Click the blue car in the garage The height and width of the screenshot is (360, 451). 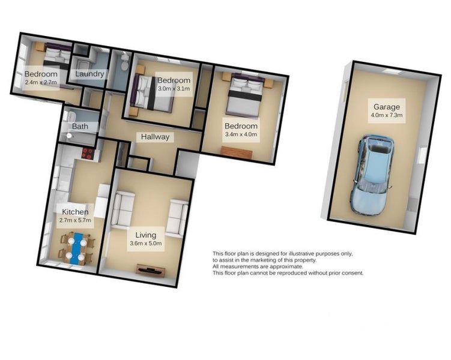[371, 175]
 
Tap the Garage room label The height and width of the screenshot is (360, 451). [387, 107]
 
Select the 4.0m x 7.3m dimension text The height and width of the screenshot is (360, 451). [387, 115]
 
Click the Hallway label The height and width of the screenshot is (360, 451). [155, 137]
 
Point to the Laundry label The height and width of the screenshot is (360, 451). [89, 74]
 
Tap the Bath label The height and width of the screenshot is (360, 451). [80, 127]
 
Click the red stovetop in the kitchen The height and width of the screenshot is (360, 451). [88, 153]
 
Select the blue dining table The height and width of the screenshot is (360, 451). [76, 248]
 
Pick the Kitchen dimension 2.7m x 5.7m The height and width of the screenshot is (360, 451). [75, 220]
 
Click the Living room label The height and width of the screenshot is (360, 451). [146, 235]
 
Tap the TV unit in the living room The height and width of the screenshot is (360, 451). [151, 270]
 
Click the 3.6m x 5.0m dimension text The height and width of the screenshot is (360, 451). [146, 244]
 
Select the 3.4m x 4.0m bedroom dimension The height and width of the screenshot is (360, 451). [241, 134]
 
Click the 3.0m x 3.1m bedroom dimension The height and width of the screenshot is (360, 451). [174, 88]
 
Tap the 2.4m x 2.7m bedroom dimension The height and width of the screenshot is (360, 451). [41, 82]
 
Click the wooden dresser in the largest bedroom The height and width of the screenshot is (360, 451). [237, 152]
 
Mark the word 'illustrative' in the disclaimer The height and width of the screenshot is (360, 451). [301, 254]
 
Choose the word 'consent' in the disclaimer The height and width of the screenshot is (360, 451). [353, 273]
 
